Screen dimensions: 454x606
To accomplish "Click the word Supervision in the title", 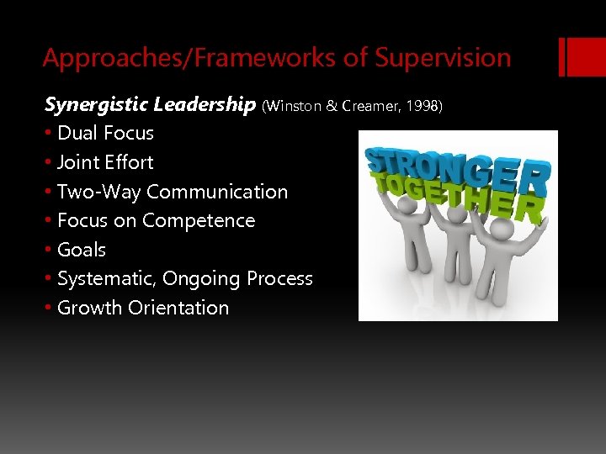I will (443, 58).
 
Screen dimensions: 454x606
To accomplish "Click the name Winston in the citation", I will (292, 106).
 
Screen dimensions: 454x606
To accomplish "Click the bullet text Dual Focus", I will (105, 133).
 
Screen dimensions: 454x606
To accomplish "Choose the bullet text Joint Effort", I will (105, 162).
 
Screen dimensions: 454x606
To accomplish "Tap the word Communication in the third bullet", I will (217, 192).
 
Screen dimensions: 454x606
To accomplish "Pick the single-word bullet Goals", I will (82, 250).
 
